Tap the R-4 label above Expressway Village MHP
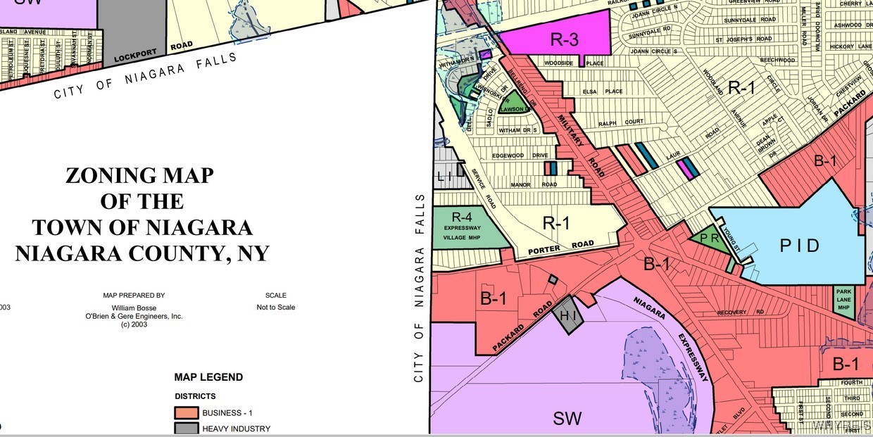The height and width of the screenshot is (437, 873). point(461,217)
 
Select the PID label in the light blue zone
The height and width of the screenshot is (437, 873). point(800,246)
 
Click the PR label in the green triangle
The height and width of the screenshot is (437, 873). point(709,239)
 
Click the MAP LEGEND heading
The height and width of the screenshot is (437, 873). point(208,377)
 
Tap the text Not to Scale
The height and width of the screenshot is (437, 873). point(275,307)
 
